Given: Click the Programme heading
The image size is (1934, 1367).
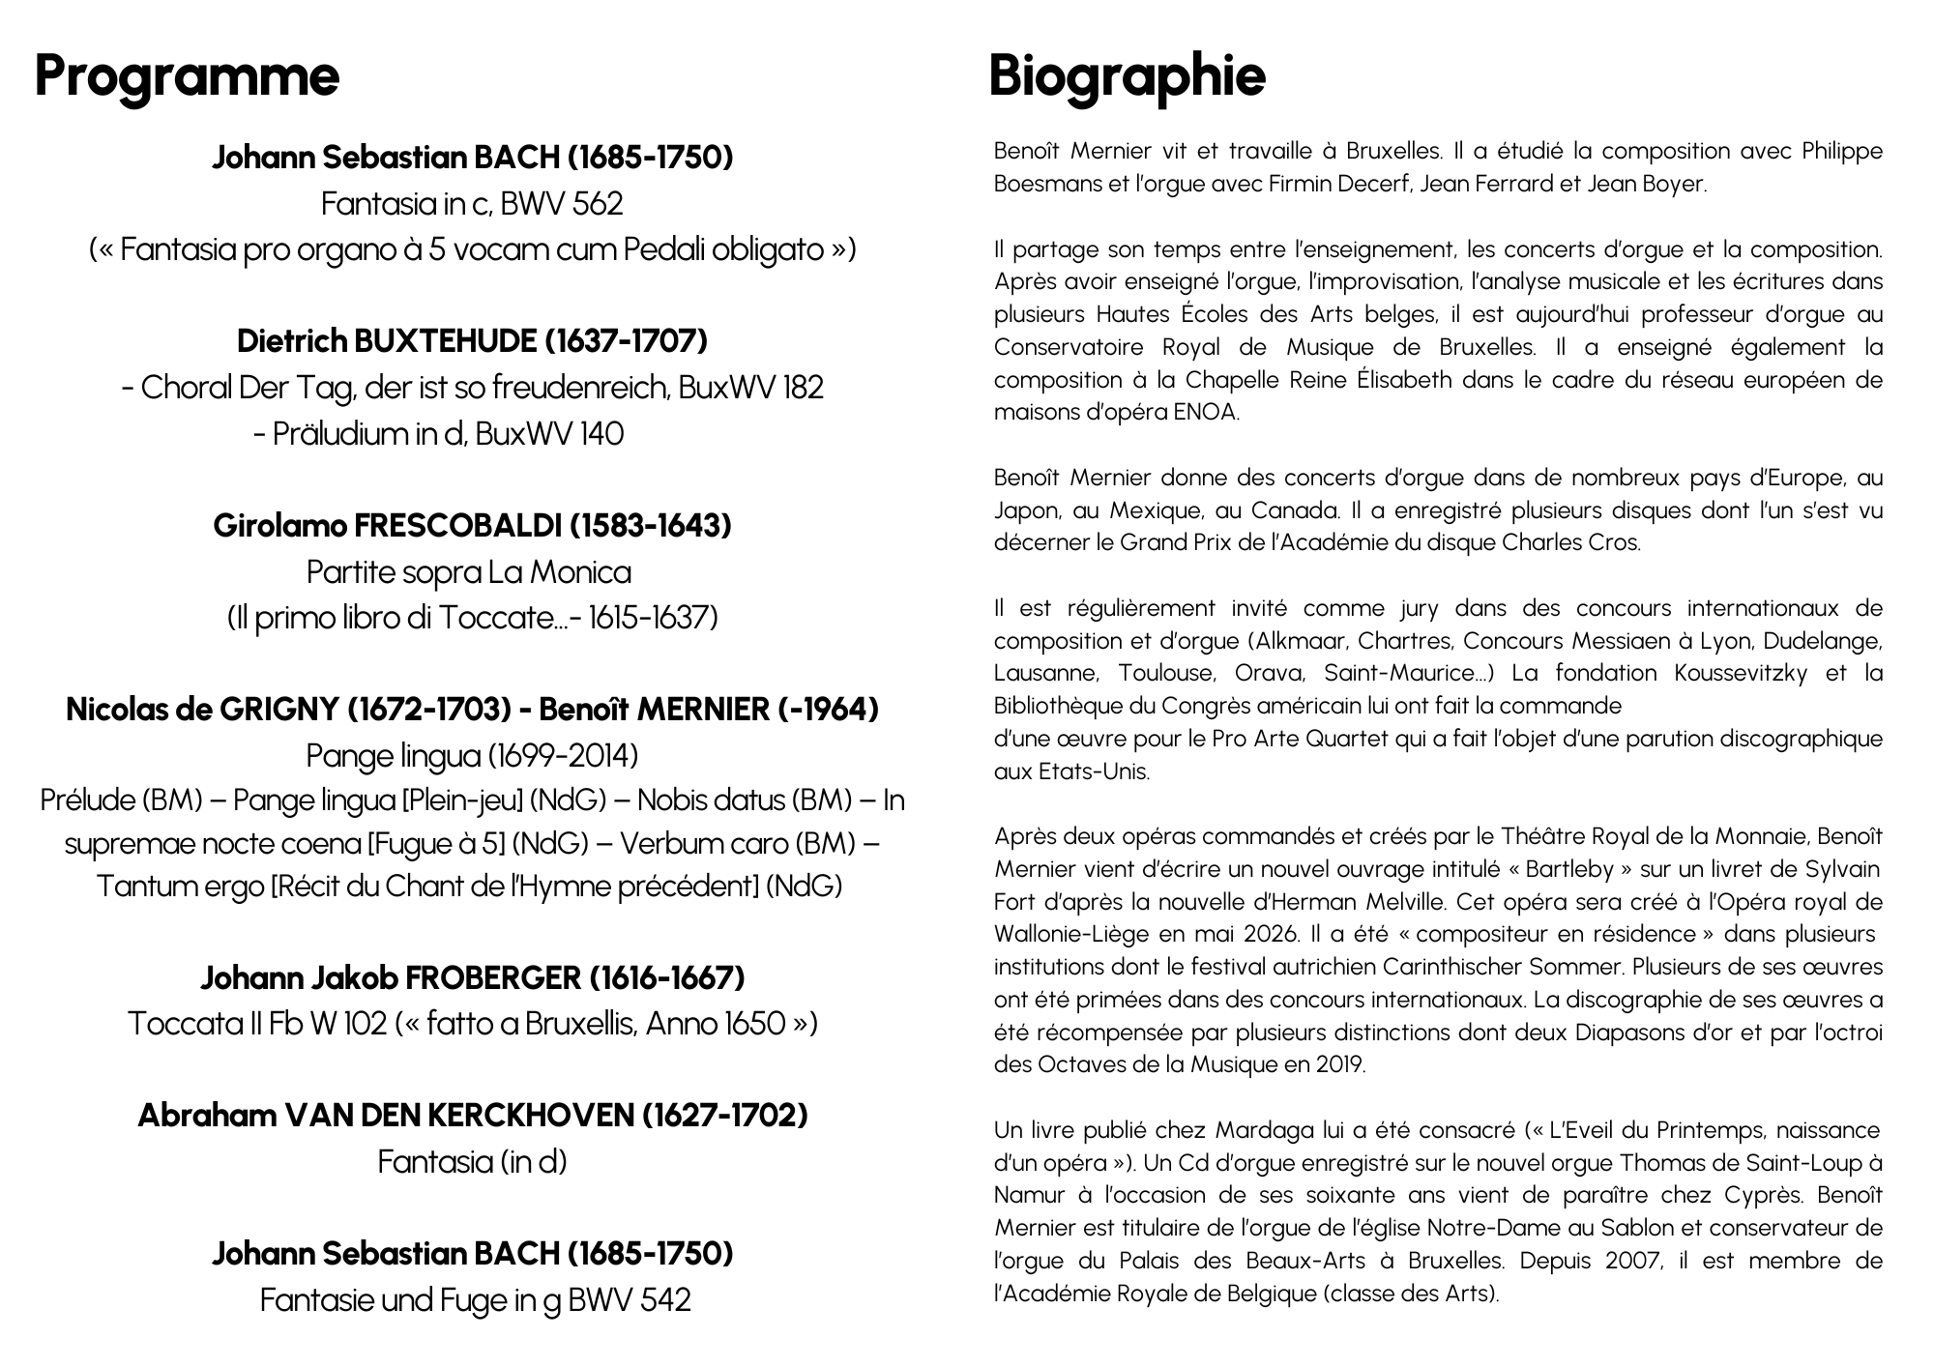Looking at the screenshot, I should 187,75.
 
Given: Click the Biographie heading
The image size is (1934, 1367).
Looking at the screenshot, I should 1127,75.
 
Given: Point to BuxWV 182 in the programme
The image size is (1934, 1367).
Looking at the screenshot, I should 750,388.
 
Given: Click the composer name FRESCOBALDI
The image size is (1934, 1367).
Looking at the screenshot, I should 457,526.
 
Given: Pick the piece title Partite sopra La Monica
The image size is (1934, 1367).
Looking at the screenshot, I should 469,572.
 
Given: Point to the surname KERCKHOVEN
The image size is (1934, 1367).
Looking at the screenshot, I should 529,1116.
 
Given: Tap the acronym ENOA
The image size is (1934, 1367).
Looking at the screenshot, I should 1205,413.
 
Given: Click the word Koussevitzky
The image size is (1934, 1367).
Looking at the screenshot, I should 1741,674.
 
